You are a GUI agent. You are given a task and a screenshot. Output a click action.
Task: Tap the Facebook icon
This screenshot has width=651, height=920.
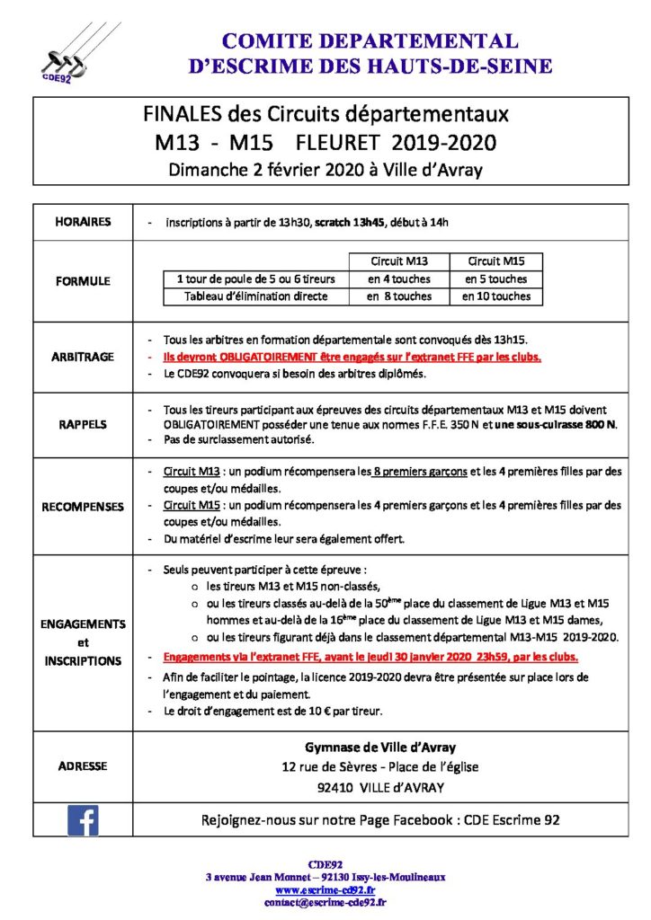point(82,820)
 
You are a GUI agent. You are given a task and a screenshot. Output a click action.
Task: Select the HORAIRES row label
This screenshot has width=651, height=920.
point(82,222)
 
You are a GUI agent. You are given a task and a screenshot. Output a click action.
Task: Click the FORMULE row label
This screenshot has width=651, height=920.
point(82,280)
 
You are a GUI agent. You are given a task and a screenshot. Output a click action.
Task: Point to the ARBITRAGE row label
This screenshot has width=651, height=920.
point(82,357)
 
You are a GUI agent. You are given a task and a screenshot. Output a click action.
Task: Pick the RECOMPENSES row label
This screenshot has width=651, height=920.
point(82,507)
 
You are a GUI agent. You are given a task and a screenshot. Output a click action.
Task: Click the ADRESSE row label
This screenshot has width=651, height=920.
point(82,766)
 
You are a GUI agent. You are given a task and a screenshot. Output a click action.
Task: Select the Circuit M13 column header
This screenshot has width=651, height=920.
point(399,261)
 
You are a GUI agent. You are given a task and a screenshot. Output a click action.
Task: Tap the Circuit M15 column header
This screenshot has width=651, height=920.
point(496,261)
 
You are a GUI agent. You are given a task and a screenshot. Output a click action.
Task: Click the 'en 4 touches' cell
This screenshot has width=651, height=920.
point(399,279)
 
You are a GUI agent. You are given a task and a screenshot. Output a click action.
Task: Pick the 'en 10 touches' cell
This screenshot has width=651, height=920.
point(496,296)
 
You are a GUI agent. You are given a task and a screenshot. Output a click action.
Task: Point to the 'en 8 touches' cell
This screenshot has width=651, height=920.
point(399,296)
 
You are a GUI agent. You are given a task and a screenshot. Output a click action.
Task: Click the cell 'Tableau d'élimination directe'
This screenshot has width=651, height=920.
point(255,296)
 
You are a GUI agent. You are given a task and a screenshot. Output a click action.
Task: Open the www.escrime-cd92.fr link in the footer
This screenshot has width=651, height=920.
point(325,889)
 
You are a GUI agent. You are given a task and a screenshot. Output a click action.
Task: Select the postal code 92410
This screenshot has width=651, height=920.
point(338,787)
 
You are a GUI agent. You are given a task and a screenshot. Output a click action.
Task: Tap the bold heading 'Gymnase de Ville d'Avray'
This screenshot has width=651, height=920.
point(379,747)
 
